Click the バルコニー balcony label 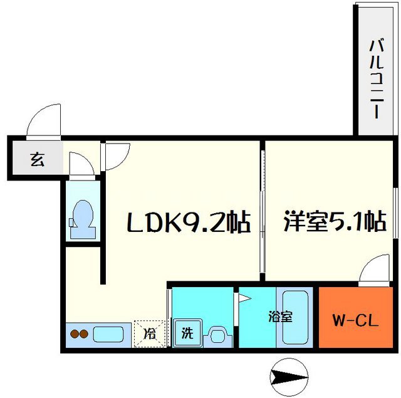[377, 78]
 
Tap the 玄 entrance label [36, 159]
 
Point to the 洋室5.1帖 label [333, 222]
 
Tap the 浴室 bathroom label [280, 317]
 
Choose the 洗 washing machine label [186, 333]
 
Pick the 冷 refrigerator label [150, 333]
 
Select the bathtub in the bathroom [295, 317]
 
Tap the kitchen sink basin [108, 333]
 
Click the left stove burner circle [73, 334]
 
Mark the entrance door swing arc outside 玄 [44, 120]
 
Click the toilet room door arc [80, 165]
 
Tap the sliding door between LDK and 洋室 [262, 213]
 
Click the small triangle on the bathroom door [241, 300]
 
